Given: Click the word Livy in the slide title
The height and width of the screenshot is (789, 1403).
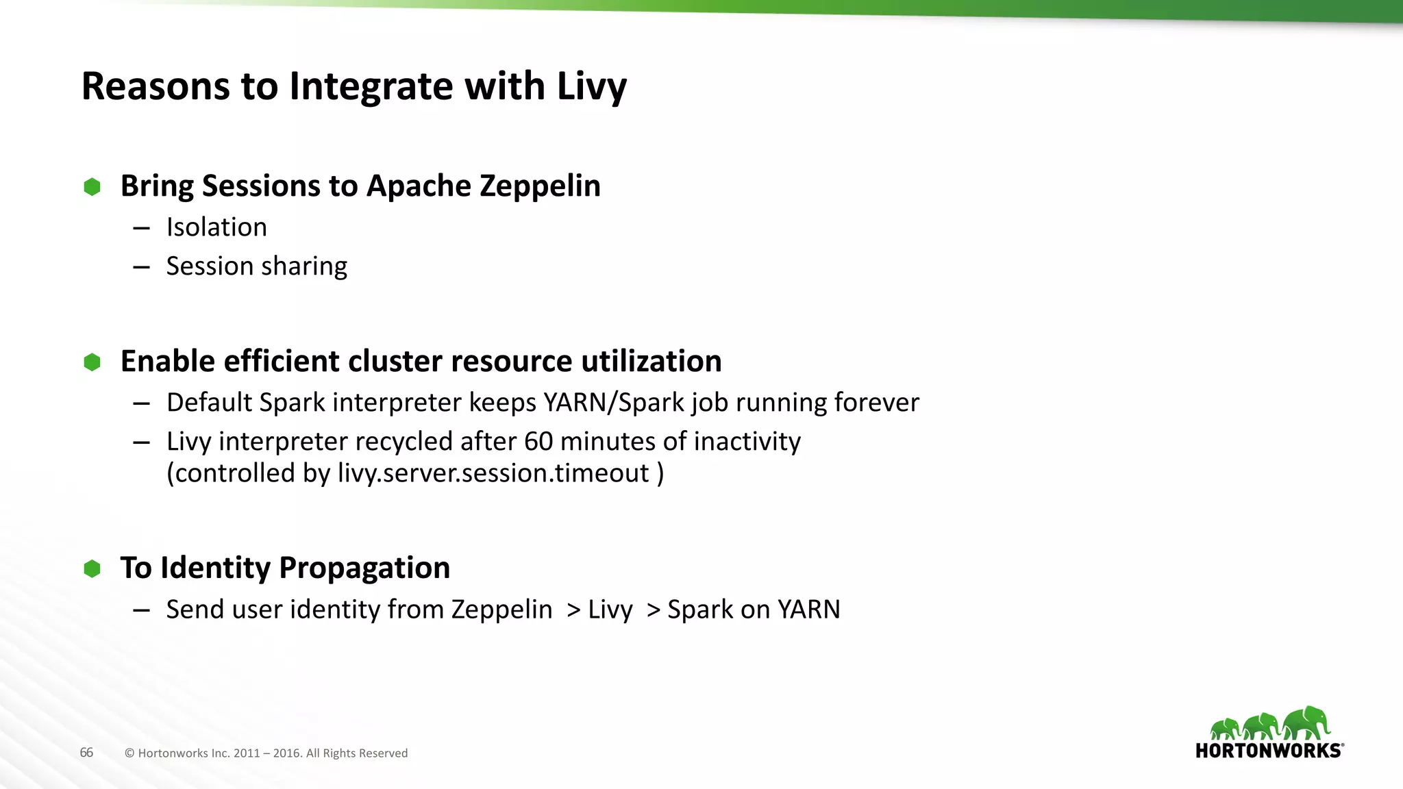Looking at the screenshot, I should (x=591, y=87).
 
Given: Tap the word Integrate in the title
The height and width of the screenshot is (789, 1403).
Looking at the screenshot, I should (x=370, y=87).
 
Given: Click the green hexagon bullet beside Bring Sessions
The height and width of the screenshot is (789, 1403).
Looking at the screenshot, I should (x=92, y=187).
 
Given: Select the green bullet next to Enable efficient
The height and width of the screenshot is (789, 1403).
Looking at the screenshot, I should (x=92, y=362).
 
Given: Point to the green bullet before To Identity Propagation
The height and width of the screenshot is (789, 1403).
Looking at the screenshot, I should (x=92, y=568).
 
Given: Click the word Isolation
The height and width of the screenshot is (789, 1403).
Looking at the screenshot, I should (x=216, y=227).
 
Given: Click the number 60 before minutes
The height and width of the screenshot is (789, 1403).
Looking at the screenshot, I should (x=538, y=442).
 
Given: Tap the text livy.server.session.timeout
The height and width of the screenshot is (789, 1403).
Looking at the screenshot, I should (x=493, y=473).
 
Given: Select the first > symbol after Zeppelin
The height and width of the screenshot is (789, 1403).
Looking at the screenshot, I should (x=573, y=610).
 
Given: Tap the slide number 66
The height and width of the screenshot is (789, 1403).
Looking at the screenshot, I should (x=86, y=753).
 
